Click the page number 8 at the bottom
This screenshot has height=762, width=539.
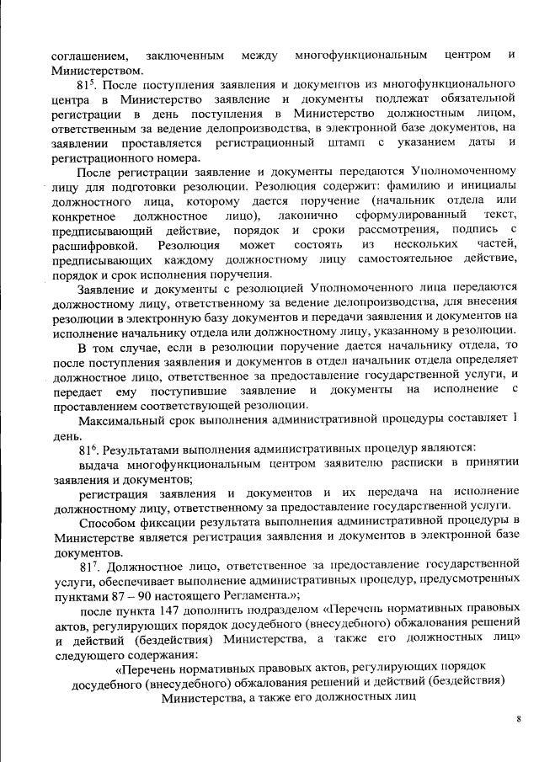tap(519, 717)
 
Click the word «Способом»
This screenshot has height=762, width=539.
tap(105, 522)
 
